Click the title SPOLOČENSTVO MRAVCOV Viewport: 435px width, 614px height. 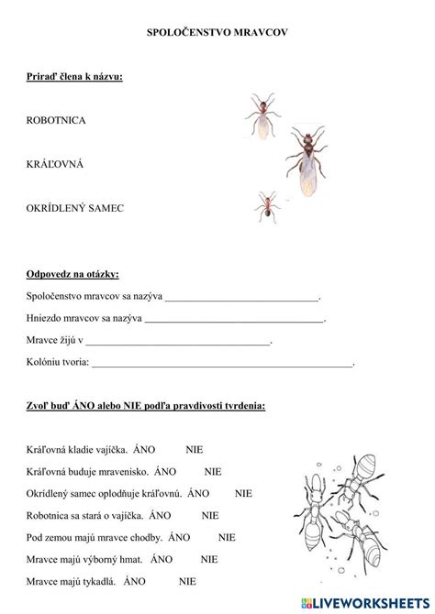pos(217,32)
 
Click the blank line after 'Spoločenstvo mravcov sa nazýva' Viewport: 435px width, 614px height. pos(241,298)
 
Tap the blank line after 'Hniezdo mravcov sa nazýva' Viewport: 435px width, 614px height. pos(234,320)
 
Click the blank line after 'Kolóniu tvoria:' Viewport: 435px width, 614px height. pos(222,364)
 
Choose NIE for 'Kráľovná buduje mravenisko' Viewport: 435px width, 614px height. pos(213,472)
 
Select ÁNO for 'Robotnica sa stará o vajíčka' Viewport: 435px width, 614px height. pos(160,516)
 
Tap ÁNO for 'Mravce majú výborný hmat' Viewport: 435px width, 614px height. pos(162,559)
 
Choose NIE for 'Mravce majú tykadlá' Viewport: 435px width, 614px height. pos(188,581)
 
